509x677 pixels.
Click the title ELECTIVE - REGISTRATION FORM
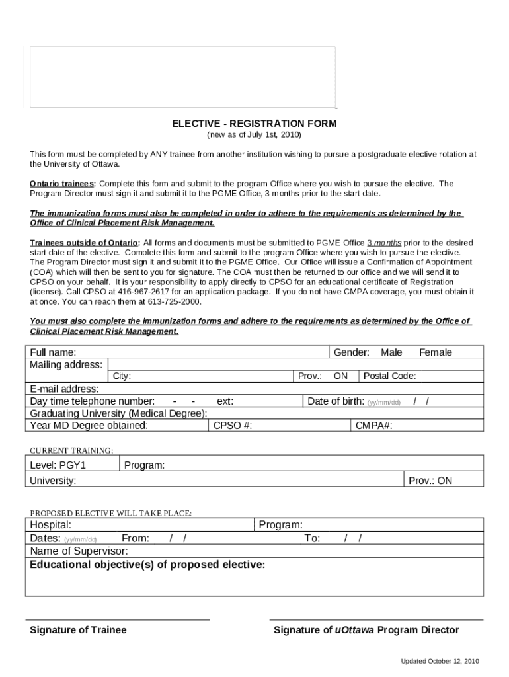click(255, 124)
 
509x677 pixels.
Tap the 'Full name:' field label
click(53, 352)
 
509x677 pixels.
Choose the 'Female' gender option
click(436, 352)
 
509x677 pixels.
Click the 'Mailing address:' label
click(66, 364)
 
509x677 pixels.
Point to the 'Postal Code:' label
click(390, 376)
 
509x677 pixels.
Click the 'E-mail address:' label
click(64, 389)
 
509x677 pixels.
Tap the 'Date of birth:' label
click(336, 401)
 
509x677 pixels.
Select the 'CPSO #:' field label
click(233, 426)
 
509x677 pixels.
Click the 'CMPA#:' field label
click(374, 426)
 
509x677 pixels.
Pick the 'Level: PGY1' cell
click(58, 465)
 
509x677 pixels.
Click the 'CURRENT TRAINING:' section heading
click(71, 450)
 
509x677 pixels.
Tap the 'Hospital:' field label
click(51, 525)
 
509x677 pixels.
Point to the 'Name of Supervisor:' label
click(79, 551)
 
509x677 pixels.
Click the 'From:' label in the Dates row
click(136, 538)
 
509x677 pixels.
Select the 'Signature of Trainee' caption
click(78, 630)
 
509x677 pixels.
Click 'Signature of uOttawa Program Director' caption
click(366, 630)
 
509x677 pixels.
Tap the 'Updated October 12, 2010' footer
click(440, 661)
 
